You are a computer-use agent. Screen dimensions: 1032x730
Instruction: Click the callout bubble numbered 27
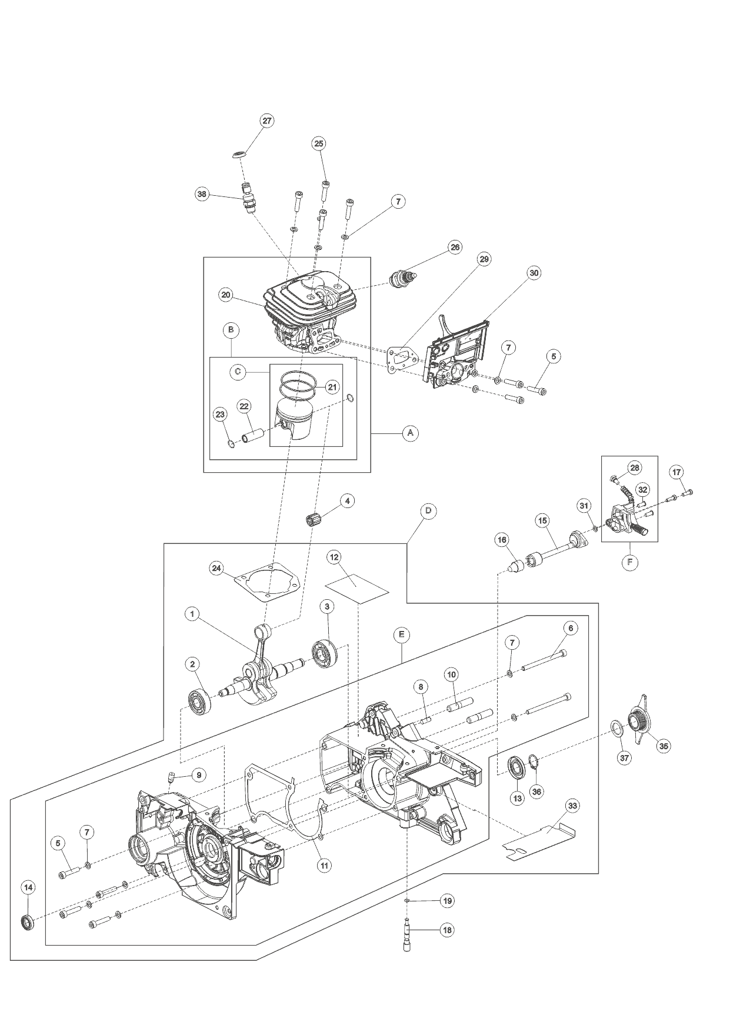(267, 121)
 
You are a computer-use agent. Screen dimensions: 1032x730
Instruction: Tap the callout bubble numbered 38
(202, 195)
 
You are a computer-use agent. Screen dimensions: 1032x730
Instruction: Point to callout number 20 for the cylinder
(226, 295)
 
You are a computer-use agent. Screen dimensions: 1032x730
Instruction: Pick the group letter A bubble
(411, 433)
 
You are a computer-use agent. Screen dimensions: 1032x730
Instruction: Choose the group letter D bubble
(428, 511)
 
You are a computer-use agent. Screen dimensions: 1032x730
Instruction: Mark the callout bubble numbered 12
(334, 556)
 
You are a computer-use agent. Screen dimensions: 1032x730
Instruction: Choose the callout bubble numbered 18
(447, 930)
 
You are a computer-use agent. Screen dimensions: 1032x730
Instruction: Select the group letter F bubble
(629, 562)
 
